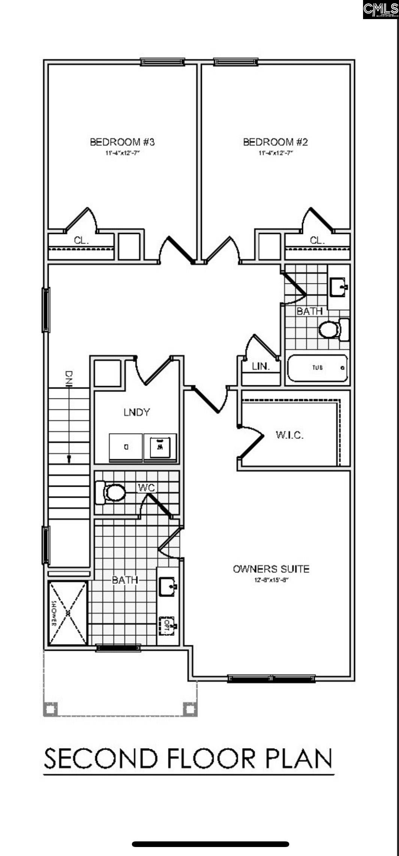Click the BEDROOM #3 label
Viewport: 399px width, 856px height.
tap(122, 142)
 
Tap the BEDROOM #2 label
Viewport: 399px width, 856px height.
tap(275, 142)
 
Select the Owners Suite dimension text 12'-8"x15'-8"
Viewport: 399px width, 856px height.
tap(271, 580)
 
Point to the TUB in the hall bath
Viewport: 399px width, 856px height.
tap(317, 368)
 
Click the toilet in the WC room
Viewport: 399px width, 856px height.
tap(111, 492)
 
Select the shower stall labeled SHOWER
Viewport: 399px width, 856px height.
tap(68, 613)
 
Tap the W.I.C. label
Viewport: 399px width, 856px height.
tap(290, 435)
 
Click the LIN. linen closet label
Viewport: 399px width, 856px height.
tap(261, 367)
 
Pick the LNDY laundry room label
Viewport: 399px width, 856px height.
tap(137, 412)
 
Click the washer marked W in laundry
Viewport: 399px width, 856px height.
tap(160, 447)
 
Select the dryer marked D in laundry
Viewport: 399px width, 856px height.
tap(126, 447)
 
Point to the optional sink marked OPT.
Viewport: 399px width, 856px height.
tap(167, 626)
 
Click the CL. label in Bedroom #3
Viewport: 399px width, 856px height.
tap(81, 240)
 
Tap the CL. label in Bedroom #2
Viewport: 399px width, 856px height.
tap(317, 240)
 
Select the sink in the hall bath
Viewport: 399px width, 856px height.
tap(339, 287)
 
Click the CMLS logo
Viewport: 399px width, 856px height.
tap(380, 9)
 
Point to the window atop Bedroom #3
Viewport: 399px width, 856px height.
tap(163, 62)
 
